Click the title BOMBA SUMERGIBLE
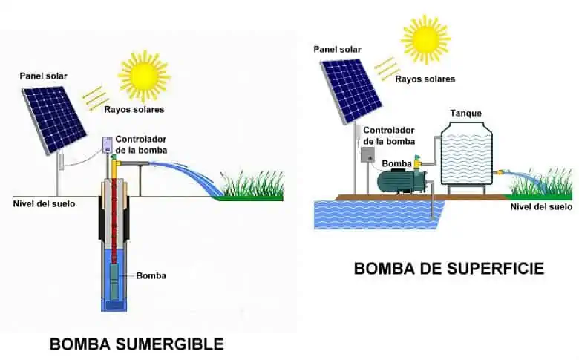click(x=136, y=344)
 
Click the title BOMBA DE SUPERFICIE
click(x=448, y=268)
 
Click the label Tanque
click(x=465, y=113)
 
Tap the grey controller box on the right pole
click(x=367, y=153)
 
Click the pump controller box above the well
click(x=107, y=144)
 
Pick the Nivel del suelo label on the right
click(x=541, y=206)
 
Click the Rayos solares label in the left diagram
click(x=139, y=109)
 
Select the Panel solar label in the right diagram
click(x=339, y=49)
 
